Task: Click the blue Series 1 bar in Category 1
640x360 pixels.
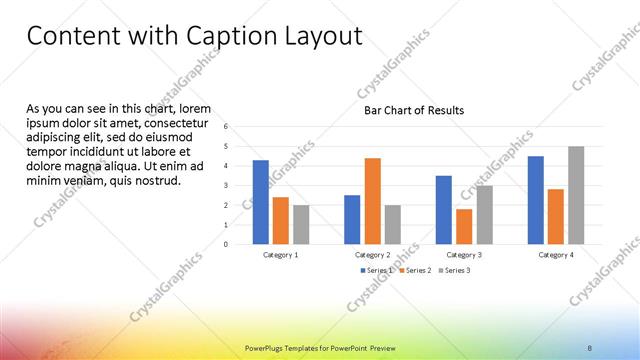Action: click(261, 202)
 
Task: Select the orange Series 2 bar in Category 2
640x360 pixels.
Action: click(372, 201)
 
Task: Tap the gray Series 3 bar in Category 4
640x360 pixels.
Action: click(576, 195)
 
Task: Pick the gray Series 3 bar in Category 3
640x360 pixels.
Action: click(484, 215)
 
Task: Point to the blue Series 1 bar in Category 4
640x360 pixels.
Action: click(536, 200)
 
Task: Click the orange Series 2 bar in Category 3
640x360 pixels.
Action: click(464, 226)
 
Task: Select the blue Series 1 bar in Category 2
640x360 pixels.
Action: click(352, 219)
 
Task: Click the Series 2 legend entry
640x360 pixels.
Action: click(415, 270)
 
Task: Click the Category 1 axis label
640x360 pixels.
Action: click(280, 255)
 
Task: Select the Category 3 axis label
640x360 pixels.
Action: click(464, 255)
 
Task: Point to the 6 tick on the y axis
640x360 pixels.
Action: click(227, 127)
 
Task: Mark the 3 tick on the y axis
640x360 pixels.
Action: click(227, 185)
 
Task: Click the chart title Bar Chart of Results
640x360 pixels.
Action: click(413, 110)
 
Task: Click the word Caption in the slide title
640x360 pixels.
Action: click(232, 38)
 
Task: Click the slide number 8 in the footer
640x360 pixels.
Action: click(590, 348)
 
